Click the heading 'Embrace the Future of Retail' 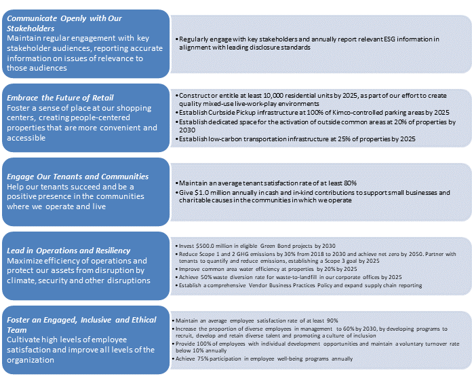coord(60,98)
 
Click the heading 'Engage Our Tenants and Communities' coord(77,177)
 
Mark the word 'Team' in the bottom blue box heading coord(18,329)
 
